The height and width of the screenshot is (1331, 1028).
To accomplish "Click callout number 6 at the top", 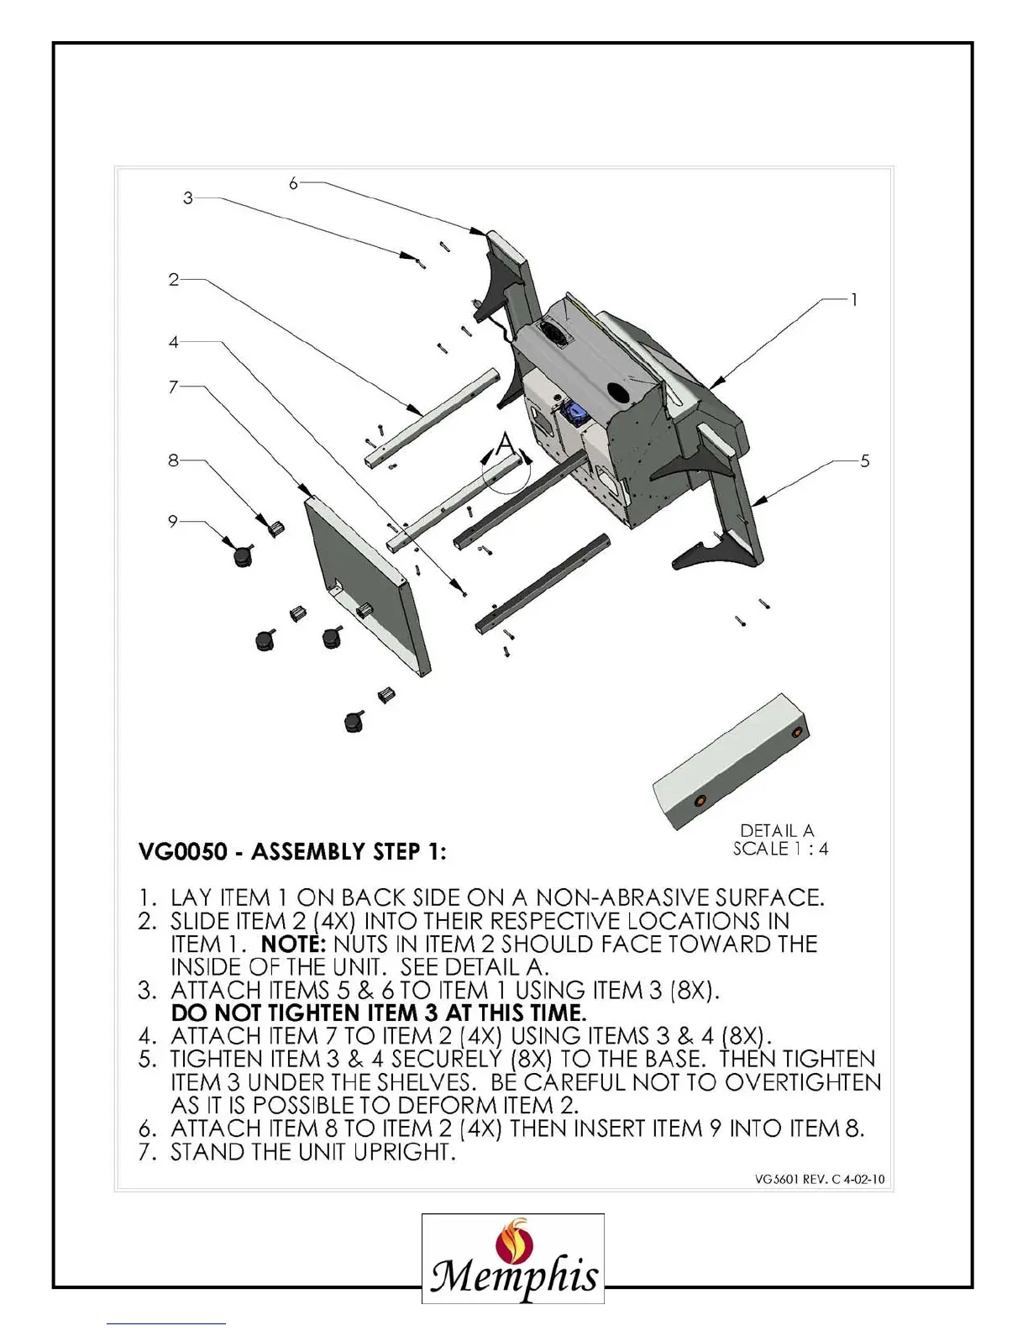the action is pos(293,183).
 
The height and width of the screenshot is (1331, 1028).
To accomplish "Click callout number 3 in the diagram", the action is pos(188,198).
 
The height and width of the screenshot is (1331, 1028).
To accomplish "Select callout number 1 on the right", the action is pos(854,299).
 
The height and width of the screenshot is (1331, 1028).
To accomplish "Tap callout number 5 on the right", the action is pos(865,460).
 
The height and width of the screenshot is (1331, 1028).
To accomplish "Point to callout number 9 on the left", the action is pos(172,521).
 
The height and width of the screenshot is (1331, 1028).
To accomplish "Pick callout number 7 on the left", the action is pos(173,387).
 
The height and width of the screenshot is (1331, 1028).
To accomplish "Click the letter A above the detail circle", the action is pos(504,443).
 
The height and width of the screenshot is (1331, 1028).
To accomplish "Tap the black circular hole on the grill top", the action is pos(619,392).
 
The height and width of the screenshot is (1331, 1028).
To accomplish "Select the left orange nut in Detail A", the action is pos(699,802).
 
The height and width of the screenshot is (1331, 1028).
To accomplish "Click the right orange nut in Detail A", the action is pos(796,733).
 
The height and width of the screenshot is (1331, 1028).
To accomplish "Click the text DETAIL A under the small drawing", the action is pos(777,830).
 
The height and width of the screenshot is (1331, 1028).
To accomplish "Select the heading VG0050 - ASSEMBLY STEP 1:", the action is pos(292,852).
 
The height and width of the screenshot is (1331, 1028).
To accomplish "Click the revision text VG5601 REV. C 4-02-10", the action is pos(820,1179).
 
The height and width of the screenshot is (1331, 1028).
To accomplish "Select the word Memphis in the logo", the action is pos(514,1278).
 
